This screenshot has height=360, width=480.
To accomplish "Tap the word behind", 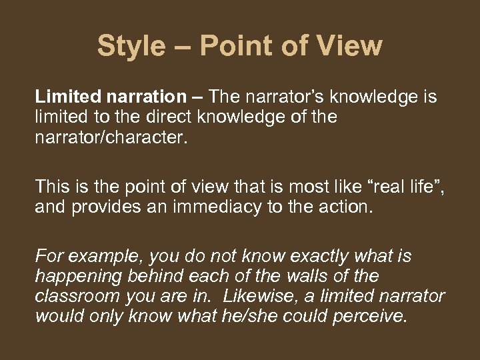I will (150, 276).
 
